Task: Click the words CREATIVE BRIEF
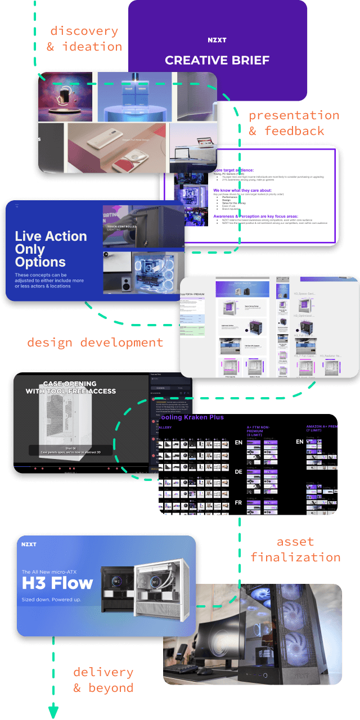click(217, 60)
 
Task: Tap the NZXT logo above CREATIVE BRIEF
click(217, 40)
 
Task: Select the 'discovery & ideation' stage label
click(84, 39)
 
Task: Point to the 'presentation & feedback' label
click(294, 123)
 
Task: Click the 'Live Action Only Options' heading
click(51, 249)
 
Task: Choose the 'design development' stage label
click(95, 343)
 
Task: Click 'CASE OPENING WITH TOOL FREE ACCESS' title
click(71, 388)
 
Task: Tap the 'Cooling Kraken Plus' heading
click(191, 417)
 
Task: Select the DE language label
click(238, 471)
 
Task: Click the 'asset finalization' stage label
click(295, 550)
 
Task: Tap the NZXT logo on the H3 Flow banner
click(29, 544)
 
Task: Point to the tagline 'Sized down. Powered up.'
click(51, 600)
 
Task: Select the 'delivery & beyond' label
click(103, 679)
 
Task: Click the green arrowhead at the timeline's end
click(53, 711)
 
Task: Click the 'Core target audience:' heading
click(233, 170)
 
